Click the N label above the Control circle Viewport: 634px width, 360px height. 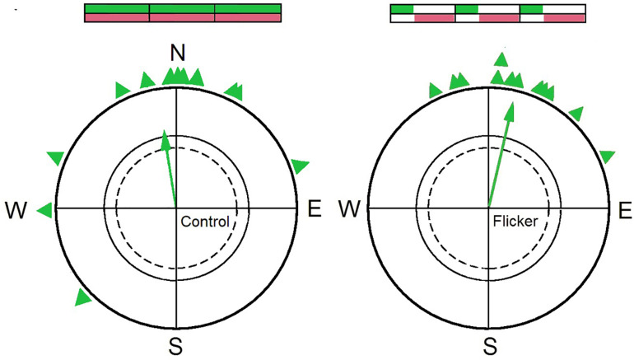coord(176,54)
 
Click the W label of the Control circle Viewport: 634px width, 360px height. coord(16,210)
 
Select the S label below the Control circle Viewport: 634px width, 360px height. coord(176,346)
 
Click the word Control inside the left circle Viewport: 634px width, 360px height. coord(203,221)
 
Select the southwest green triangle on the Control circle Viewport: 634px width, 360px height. coord(82,297)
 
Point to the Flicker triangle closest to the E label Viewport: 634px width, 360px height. coord(607,156)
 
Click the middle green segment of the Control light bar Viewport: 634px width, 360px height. coord(182,8)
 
